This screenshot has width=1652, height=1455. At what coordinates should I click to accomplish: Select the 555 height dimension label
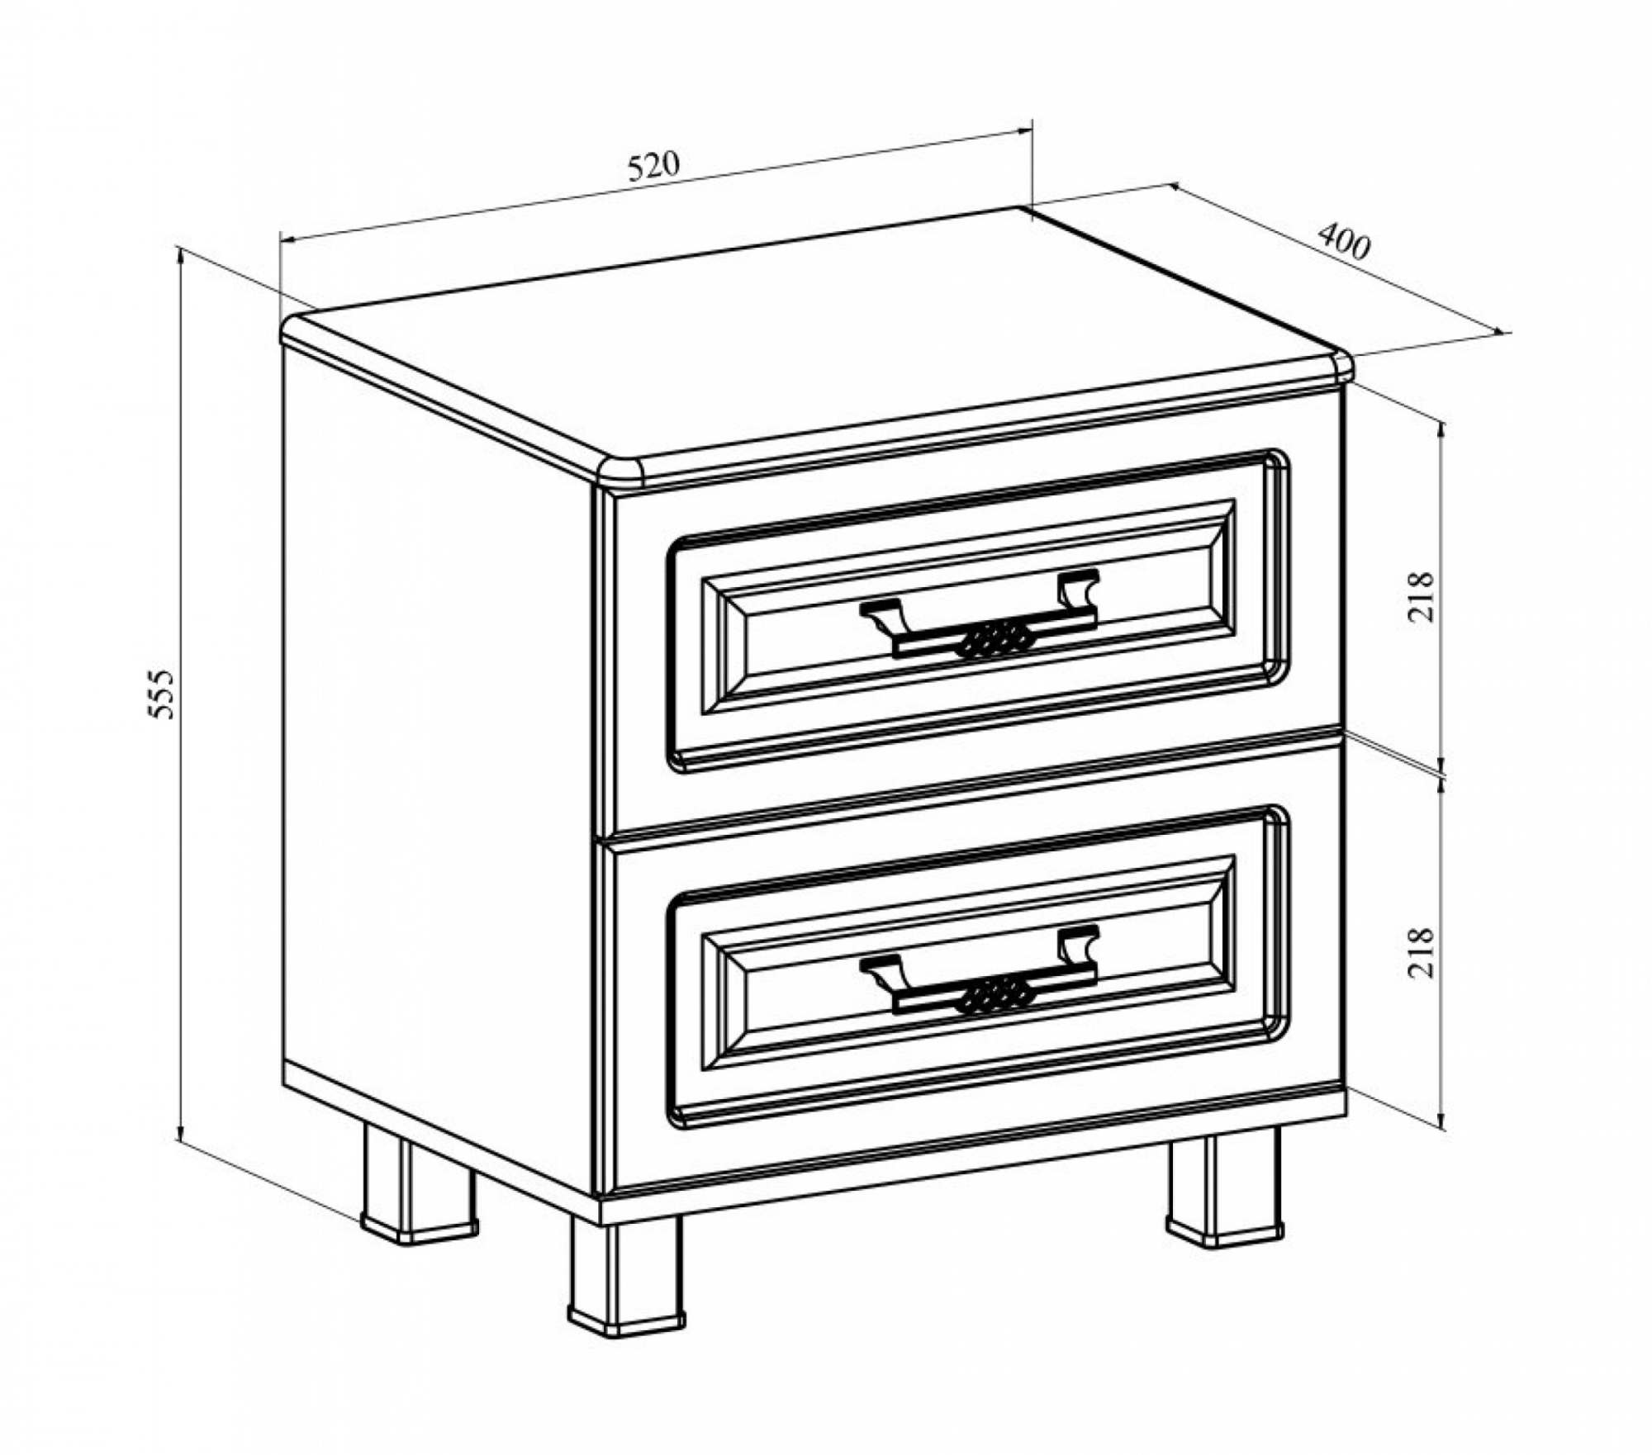click(164, 693)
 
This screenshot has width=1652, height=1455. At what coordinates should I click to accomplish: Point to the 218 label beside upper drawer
click(1422, 596)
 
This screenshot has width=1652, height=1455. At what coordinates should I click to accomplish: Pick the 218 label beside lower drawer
click(1422, 953)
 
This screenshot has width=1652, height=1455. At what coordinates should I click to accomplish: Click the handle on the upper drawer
click(980, 615)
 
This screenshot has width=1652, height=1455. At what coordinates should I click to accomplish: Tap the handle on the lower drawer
click(980, 972)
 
